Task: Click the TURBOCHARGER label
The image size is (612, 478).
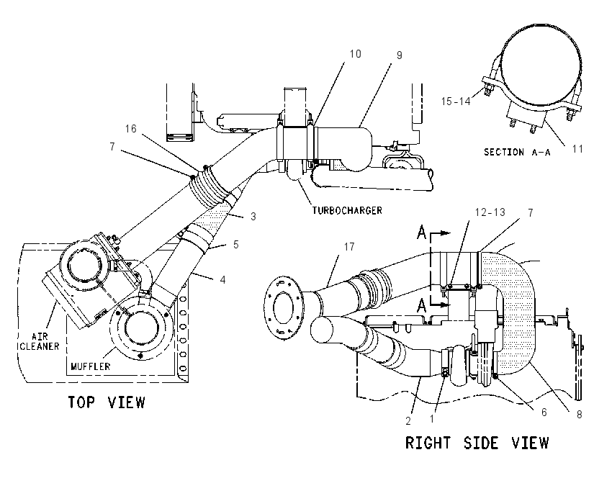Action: (347, 211)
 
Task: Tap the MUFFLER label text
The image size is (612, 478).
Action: (91, 366)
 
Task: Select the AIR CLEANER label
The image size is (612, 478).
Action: (40, 341)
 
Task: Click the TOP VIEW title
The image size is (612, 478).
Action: (107, 402)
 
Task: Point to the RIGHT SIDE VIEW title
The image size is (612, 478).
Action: (477, 443)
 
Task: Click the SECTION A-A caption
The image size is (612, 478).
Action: (517, 152)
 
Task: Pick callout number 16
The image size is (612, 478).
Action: (131, 129)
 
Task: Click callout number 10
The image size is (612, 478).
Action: (355, 54)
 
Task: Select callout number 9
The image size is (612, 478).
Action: (399, 55)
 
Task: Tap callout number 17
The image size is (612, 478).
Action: (349, 247)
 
